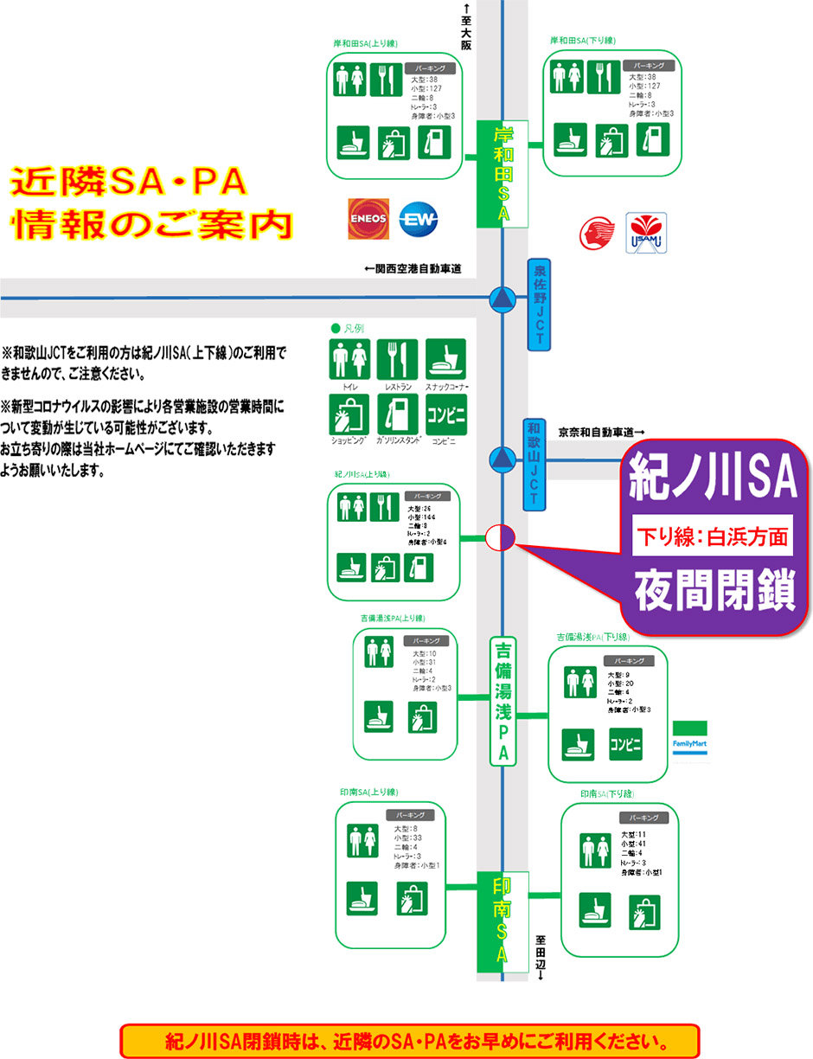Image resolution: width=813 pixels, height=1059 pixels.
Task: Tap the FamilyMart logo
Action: coord(690,741)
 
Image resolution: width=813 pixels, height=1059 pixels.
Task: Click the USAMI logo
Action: coord(647,233)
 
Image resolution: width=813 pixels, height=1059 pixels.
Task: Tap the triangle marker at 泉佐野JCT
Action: coord(502,299)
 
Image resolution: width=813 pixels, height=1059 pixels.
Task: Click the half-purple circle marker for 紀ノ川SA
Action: coord(502,537)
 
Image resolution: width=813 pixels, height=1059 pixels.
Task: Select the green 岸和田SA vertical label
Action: coord(503,174)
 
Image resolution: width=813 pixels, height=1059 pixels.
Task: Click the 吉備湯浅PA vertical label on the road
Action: coord(503,702)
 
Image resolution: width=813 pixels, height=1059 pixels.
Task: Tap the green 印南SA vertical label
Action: coord(503,922)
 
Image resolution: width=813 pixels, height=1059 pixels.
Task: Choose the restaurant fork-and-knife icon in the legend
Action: coord(398,359)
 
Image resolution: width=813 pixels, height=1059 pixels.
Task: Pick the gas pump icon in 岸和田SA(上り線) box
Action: coord(434,141)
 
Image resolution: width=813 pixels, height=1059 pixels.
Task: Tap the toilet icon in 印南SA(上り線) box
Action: coord(362,840)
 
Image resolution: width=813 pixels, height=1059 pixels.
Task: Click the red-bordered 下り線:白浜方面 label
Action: coord(714,537)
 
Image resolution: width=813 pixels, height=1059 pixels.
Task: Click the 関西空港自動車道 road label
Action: coord(413,269)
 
